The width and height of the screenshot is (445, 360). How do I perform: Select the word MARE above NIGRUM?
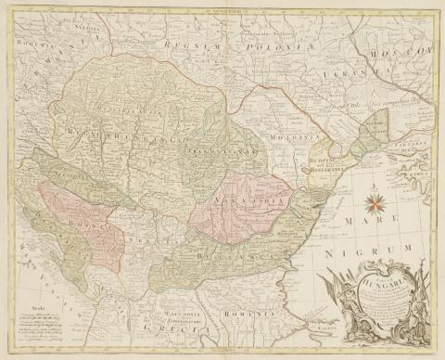[x=394, y=223]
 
